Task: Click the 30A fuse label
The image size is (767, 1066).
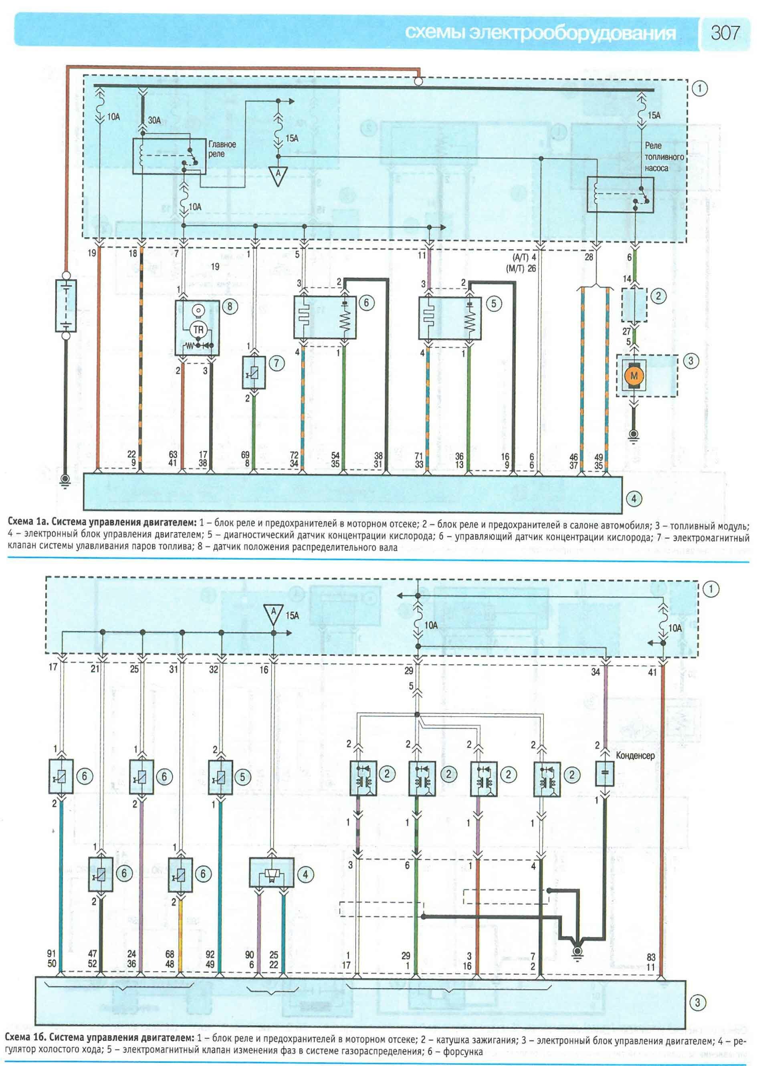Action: (154, 120)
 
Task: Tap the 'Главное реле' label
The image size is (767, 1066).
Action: (222, 149)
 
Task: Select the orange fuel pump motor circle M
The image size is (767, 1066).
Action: (634, 375)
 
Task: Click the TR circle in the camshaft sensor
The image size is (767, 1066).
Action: (198, 330)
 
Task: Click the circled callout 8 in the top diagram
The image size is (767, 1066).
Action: (230, 306)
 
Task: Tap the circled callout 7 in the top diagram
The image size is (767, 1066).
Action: (276, 363)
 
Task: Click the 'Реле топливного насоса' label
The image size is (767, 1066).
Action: (664, 157)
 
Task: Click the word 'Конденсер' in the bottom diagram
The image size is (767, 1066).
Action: (635, 756)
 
